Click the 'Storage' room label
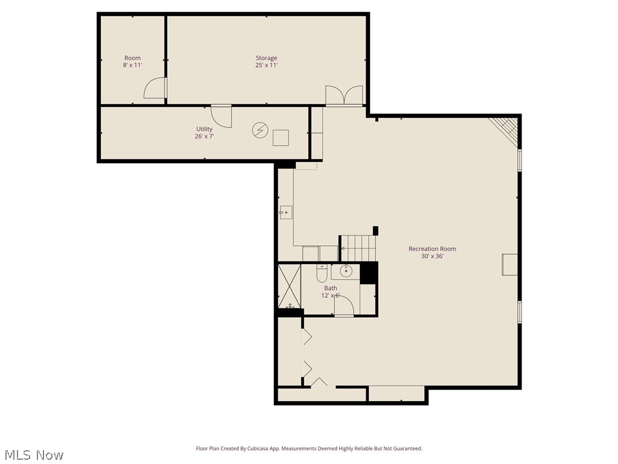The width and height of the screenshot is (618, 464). coord(266,58)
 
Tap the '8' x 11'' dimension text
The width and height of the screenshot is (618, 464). coord(132,65)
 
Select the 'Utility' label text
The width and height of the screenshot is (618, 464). coord(204,129)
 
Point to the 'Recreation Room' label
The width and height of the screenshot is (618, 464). coord(432,249)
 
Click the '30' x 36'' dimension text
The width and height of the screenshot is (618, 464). coord(432,256)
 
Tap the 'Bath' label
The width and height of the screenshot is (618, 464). coord(331,288)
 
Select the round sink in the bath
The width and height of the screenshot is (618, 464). coord(346,271)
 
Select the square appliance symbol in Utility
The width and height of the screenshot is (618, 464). coord(281,138)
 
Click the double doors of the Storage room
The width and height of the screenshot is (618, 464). coord(344,95)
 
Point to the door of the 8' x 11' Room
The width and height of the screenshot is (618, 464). coord(155,89)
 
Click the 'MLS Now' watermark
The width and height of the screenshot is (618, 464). coord(33,454)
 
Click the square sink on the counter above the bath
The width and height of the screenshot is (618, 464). coord(285,212)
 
